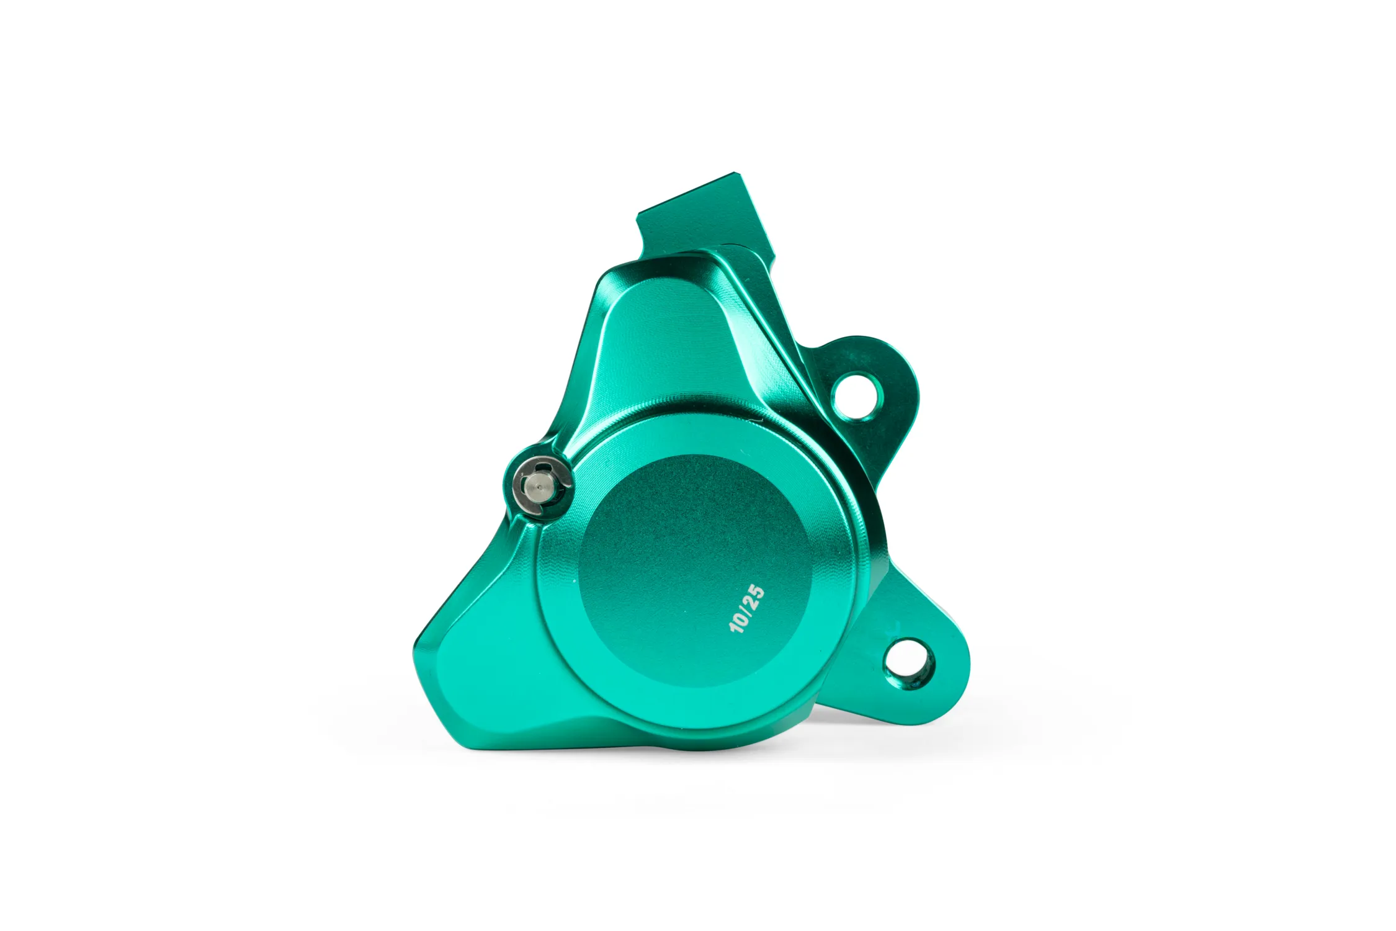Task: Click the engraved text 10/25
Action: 747,609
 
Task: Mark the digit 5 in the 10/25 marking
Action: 758,590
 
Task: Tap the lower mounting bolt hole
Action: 907,663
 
